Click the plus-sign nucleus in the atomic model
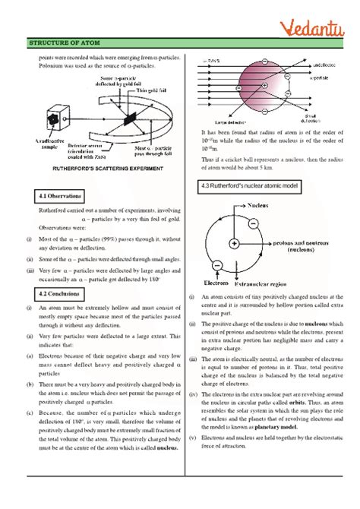(x=235, y=243)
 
